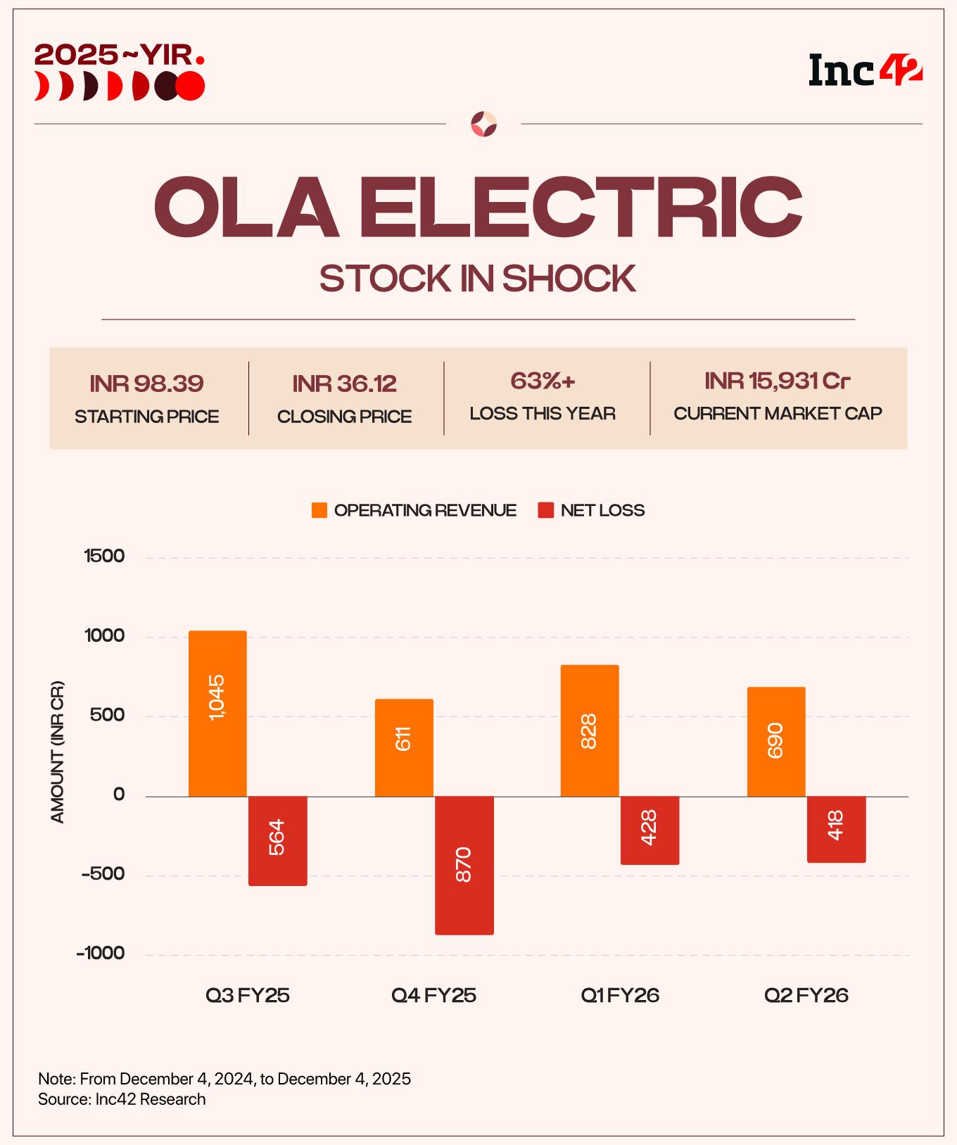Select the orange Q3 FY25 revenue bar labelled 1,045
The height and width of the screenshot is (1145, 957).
click(x=217, y=713)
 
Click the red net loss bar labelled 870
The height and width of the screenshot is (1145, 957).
click(x=464, y=865)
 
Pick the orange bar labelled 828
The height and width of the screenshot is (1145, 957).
click(x=590, y=730)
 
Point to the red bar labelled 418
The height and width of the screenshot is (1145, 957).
click(x=835, y=829)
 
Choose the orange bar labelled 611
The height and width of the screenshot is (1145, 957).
click(x=404, y=747)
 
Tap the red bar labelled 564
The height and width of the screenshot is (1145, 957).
click(x=277, y=840)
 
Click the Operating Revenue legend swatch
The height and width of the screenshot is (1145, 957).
click(x=319, y=510)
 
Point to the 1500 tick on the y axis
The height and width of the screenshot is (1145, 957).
click(x=104, y=556)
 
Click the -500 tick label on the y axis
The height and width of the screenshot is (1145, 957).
click(x=103, y=874)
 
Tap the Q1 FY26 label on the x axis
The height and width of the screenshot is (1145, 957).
click(x=620, y=995)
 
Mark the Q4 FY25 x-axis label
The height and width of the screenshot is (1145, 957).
click(x=433, y=995)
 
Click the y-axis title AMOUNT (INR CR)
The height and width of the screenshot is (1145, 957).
click(x=58, y=752)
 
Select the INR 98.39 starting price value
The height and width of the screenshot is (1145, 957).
click(x=146, y=384)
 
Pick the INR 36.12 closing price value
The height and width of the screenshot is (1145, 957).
click(x=345, y=384)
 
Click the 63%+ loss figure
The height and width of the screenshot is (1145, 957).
click(x=543, y=381)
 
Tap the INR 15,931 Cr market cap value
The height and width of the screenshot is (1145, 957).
click(x=777, y=381)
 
